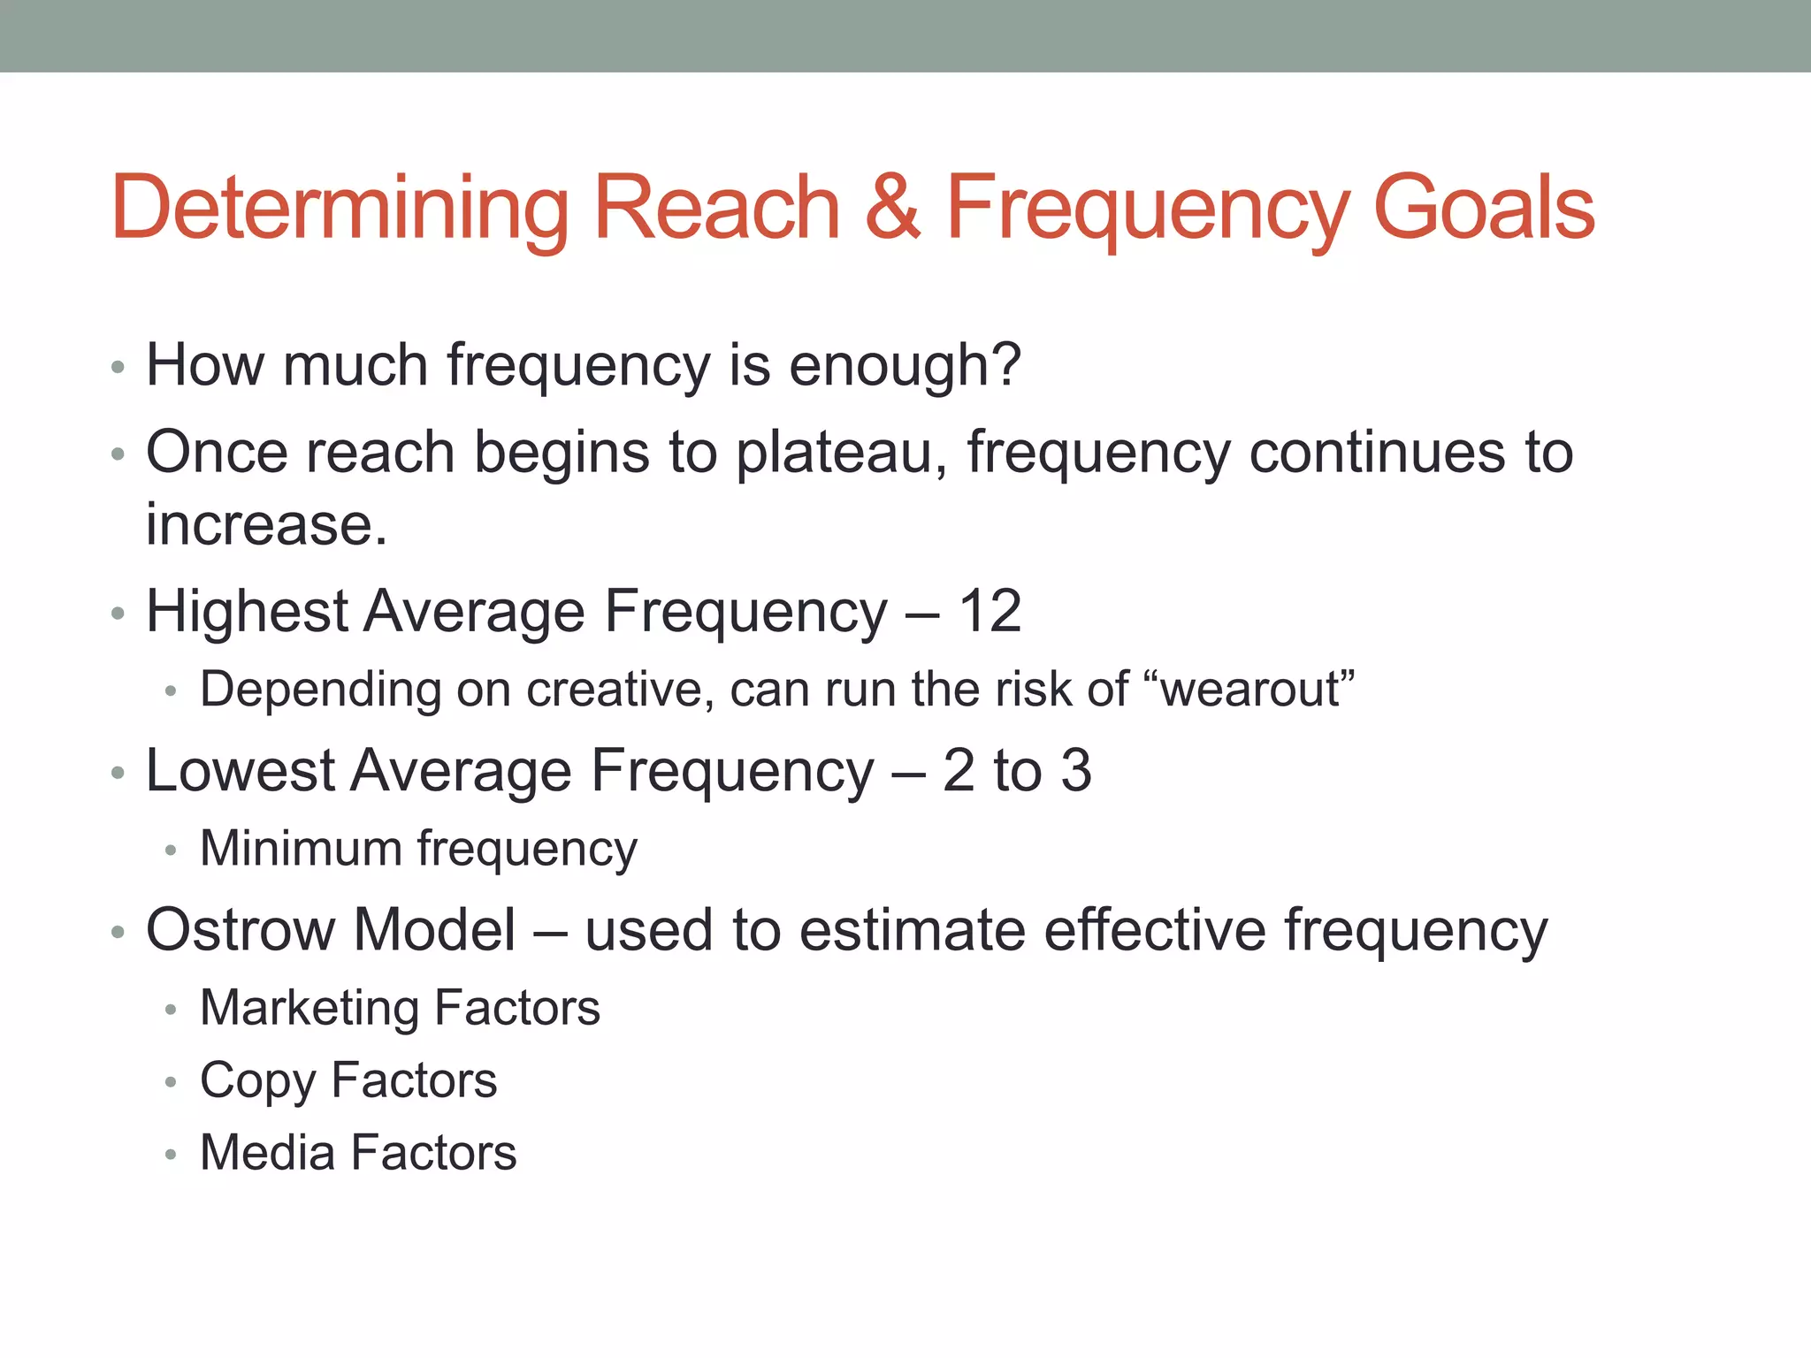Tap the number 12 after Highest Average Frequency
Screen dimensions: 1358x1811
click(990, 611)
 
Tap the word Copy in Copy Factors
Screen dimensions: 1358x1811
click(257, 1081)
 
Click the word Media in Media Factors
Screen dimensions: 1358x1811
click(267, 1153)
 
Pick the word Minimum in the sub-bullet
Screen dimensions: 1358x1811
click(301, 848)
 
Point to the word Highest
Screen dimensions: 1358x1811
click(247, 611)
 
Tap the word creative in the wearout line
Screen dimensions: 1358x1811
click(618, 689)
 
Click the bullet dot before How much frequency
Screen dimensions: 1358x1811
click(118, 367)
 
